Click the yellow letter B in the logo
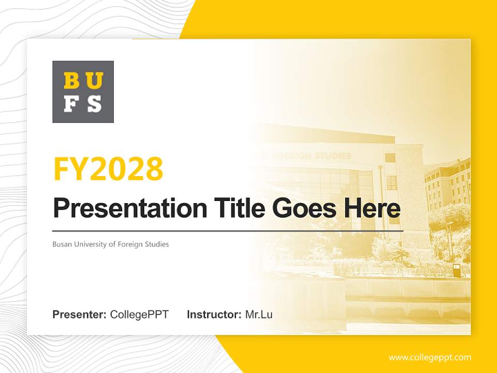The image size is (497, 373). (71, 81)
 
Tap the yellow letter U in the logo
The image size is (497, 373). (94, 81)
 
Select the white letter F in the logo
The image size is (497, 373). (71, 104)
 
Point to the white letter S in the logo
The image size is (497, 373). (94, 104)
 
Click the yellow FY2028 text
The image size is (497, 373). (108, 169)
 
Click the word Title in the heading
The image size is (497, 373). (238, 208)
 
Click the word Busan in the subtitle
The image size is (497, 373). (62, 244)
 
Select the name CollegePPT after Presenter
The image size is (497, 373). (139, 314)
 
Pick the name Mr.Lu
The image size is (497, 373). (259, 314)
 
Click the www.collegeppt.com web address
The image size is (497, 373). (430, 357)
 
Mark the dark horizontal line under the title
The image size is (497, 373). (228, 231)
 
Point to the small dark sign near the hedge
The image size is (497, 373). (456, 270)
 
